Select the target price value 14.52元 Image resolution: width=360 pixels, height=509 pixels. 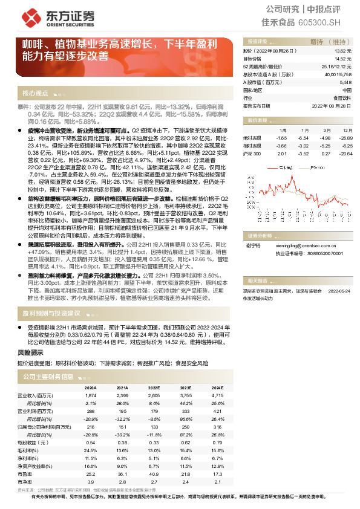342,59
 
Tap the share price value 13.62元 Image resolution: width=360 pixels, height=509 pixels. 342,52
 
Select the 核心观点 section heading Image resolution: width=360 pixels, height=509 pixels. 35,94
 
